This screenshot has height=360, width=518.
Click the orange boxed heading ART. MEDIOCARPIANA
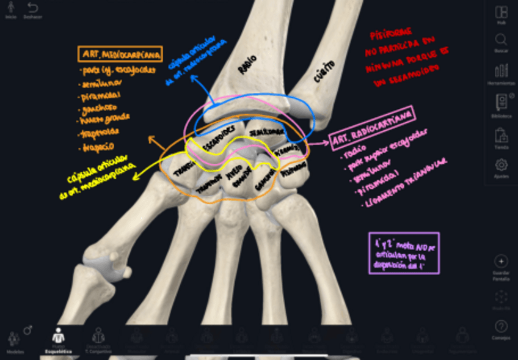[x=120, y=54]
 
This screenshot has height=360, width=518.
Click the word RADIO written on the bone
[x=247, y=67]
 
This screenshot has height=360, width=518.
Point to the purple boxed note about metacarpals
[x=404, y=252]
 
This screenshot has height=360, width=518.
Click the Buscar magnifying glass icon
[x=501, y=40]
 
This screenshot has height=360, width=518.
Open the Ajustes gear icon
[x=501, y=165]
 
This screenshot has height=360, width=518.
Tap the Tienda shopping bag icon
[x=501, y=134]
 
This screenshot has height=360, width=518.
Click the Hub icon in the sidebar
[x=501, y=13]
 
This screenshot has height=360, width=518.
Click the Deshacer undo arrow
[x=32, y=8]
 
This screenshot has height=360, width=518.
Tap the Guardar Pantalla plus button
[x=501, y=261]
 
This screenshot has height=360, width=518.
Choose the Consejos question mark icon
[x=501, y=326]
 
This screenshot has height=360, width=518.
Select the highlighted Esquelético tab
[x=59, y=336]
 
